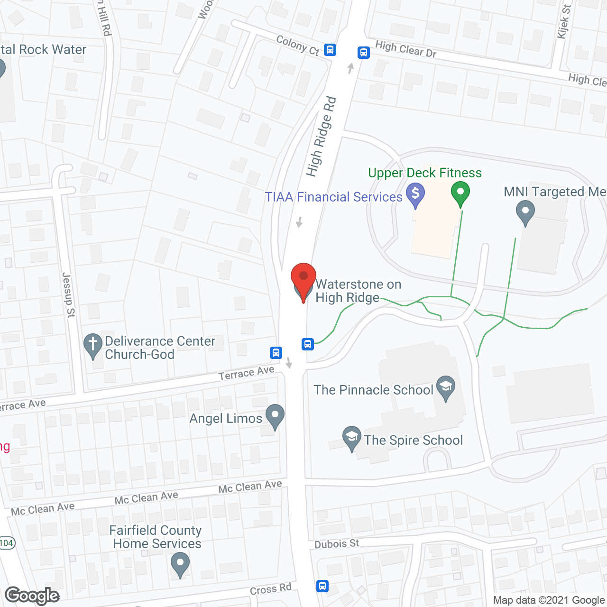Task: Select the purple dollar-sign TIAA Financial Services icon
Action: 415,195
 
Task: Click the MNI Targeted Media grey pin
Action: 525,212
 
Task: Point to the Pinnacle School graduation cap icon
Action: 446,387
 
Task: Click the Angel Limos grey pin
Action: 275,416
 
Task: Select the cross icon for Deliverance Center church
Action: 92,345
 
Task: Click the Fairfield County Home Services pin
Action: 180,565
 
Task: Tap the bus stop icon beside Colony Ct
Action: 330,49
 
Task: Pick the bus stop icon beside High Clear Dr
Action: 364,52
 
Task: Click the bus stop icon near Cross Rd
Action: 322,586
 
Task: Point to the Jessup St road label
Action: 69,294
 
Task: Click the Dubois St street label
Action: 337,543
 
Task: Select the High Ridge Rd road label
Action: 322,137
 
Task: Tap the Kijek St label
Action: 564,21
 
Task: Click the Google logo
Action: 32,596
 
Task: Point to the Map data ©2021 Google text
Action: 549,600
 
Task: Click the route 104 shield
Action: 7,543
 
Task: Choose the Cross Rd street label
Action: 270,589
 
